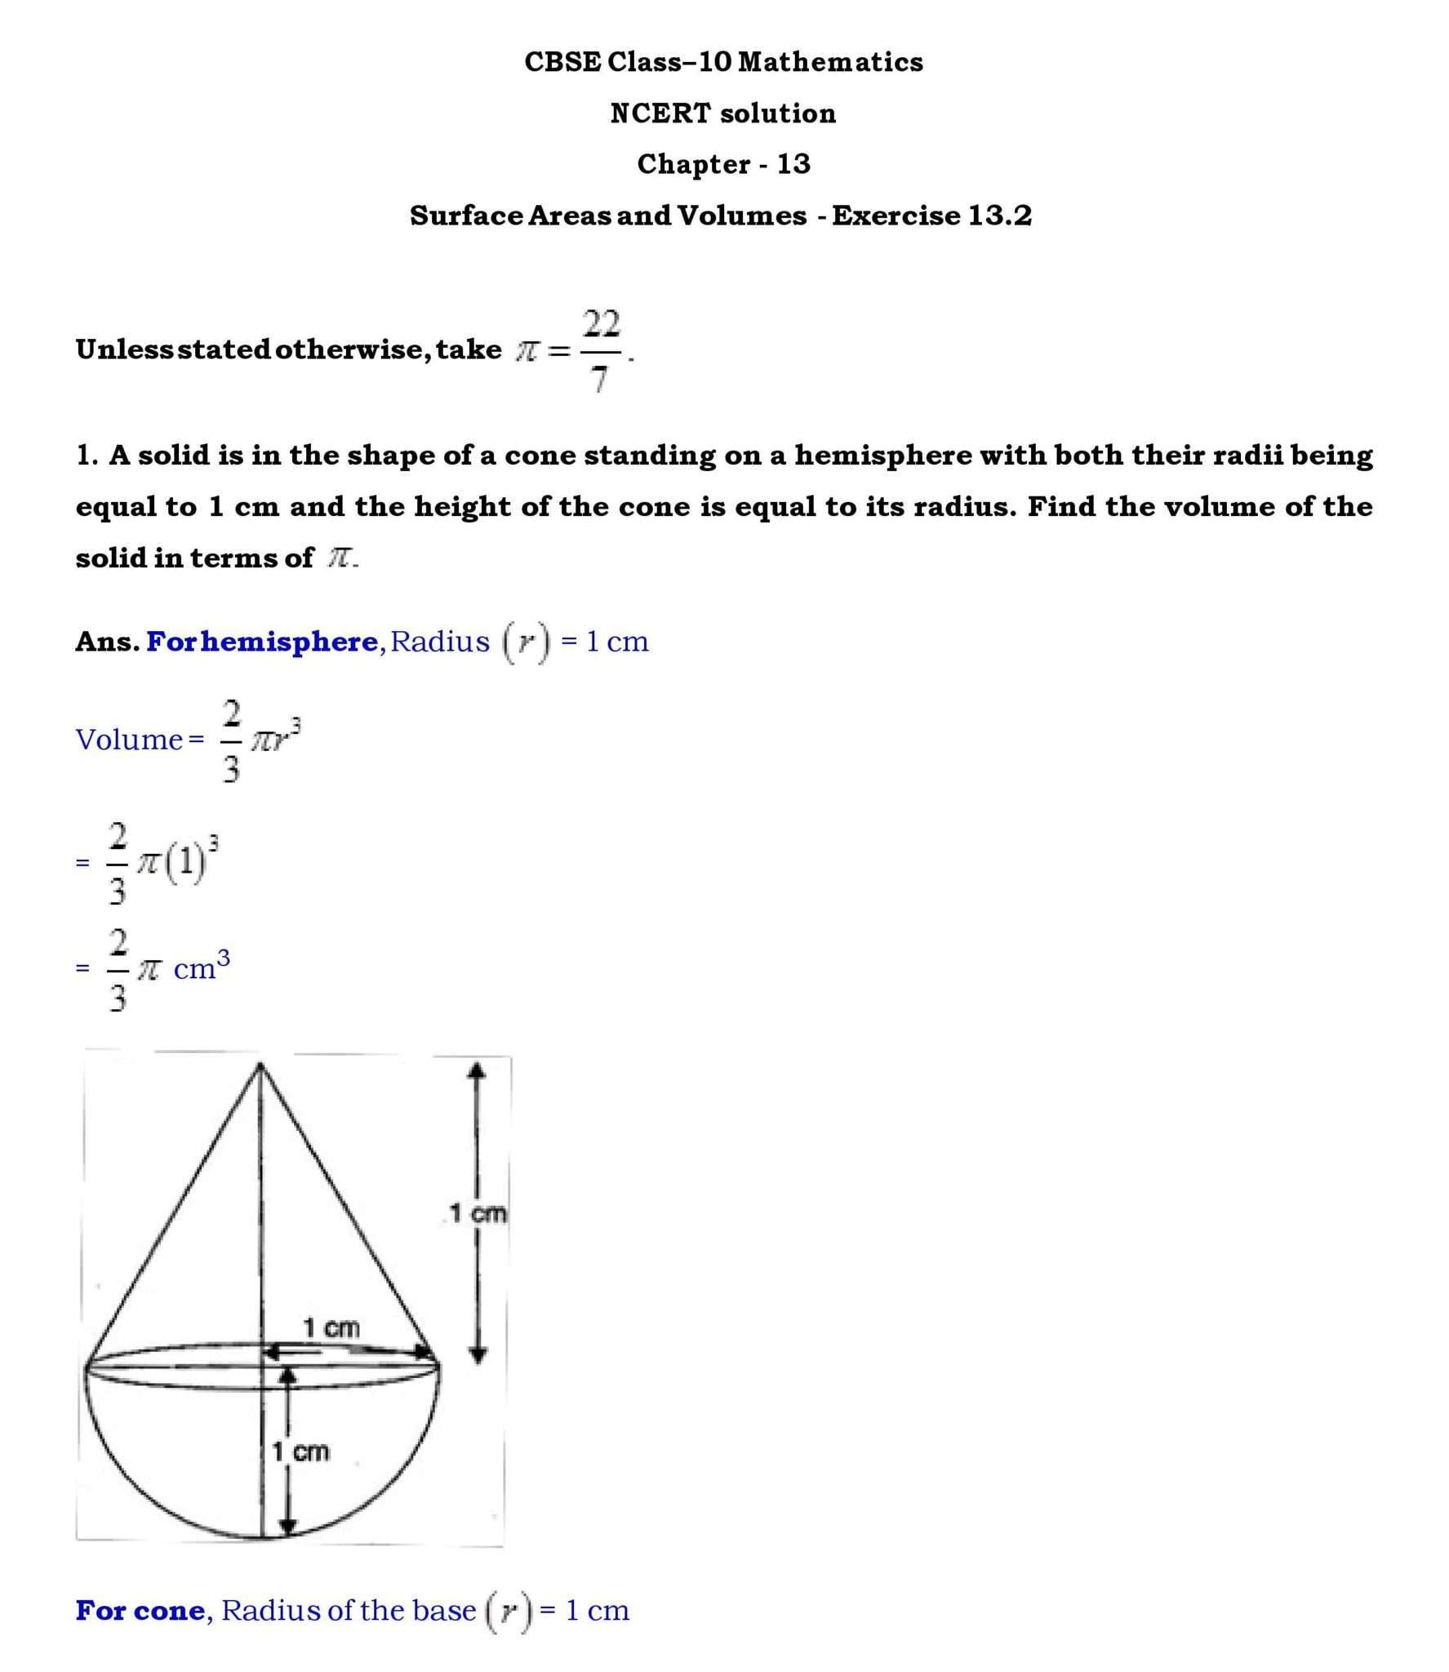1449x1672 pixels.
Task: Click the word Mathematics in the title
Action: coord(830,62)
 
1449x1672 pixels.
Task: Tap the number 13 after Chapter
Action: coord(793,164)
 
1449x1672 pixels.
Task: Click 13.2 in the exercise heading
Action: coord(1000,216)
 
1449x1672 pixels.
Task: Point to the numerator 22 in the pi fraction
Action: coord(602,324)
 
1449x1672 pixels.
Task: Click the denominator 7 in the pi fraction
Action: coord(600,379)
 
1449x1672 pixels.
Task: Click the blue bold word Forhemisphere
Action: coord(261,642)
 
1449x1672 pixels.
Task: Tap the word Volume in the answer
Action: coord(129,740)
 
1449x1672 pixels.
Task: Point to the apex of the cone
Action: coord(260,1065)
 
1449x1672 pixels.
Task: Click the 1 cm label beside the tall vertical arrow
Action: coord(478,1213)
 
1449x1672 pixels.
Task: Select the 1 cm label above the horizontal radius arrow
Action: coord(331,1328)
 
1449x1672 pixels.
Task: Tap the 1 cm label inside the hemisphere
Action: coord(300,1452)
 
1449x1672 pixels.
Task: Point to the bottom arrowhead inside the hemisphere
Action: coord(287,1526)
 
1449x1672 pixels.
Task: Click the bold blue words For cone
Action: coord(140,1611)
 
